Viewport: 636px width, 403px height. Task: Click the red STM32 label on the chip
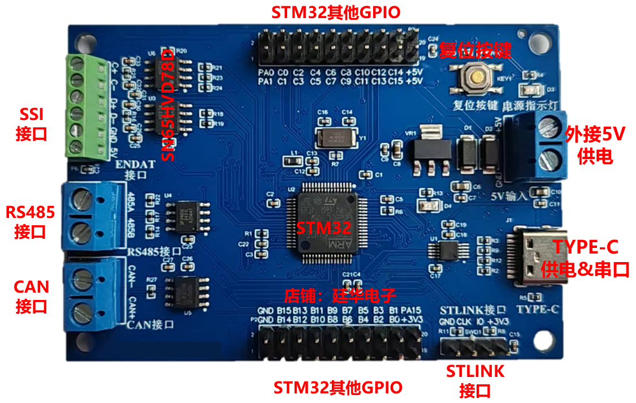tap(324, 228)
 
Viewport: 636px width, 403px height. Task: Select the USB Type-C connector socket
tap(537, 258)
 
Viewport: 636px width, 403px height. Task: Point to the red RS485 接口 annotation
tap(31, 222)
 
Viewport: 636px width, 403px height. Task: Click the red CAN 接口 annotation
tap(31, 296)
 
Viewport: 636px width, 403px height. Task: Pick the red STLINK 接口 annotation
tap(475, 381)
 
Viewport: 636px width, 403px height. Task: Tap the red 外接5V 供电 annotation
tap(595, 145)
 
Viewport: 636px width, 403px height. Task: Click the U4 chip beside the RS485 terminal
tap(185, 215)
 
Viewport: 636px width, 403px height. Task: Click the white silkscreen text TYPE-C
tap(539, 309)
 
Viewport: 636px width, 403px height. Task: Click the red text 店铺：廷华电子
tap(339, 295)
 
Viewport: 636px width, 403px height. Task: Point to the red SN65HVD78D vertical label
tap(168, 104)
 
